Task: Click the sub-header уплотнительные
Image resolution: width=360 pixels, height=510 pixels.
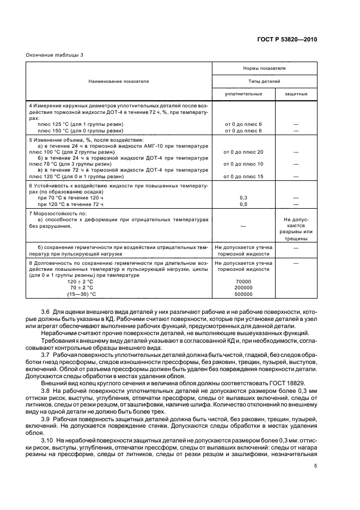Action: point(243,94)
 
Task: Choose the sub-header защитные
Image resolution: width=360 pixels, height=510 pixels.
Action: point(296,94)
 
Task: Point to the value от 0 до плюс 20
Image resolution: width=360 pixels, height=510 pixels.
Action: point(243,152)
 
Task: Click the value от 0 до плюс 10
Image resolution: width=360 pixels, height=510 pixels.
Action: point(243,164)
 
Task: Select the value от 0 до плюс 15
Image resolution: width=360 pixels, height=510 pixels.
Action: point(243,177)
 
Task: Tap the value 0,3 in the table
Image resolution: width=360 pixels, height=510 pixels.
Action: point(243,198)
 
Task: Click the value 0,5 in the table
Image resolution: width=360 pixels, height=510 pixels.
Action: point(243,204)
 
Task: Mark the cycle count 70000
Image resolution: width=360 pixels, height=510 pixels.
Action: point(243,282)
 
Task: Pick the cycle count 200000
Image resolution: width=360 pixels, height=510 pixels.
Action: point(243,288)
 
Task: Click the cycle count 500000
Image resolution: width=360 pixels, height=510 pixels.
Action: point(243,294)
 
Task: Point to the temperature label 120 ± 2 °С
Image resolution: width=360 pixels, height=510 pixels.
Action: point(80,282)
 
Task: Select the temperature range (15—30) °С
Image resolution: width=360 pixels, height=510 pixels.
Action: point(81,294)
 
